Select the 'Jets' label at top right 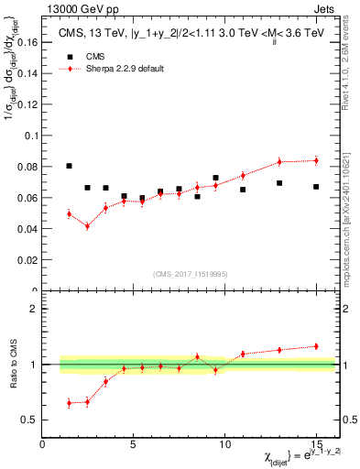(325, 6)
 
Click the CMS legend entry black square (70, 56)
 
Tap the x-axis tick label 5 (134, 445)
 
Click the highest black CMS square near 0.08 (70, 166)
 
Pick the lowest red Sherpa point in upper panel (88, 226)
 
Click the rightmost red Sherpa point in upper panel (316, 160)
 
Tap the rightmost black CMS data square (316, 187)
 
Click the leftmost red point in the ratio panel (70, 403)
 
